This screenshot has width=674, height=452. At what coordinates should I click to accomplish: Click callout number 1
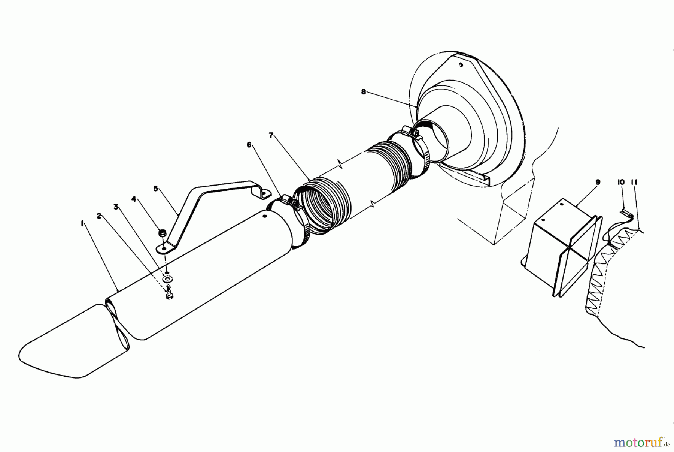pyautogui.click(x=81, y=223)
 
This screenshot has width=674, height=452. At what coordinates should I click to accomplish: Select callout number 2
pyautogui.click(x=99, y=216)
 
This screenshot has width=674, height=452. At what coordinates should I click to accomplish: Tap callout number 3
pyautogui.click(x=116, y=206)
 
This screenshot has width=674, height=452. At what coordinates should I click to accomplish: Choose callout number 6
pyautogui.click(x=249, y=145)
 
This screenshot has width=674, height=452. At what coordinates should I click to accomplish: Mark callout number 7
pyautogui.click(x=271, y=135)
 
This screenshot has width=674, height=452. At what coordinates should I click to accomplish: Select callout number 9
pyautogui.click(x=598, y=182)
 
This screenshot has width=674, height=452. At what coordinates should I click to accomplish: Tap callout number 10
pyautogui.click(x=621, y=182)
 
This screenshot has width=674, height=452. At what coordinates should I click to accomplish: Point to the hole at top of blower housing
pyautogui.click(x=461, y=65)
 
